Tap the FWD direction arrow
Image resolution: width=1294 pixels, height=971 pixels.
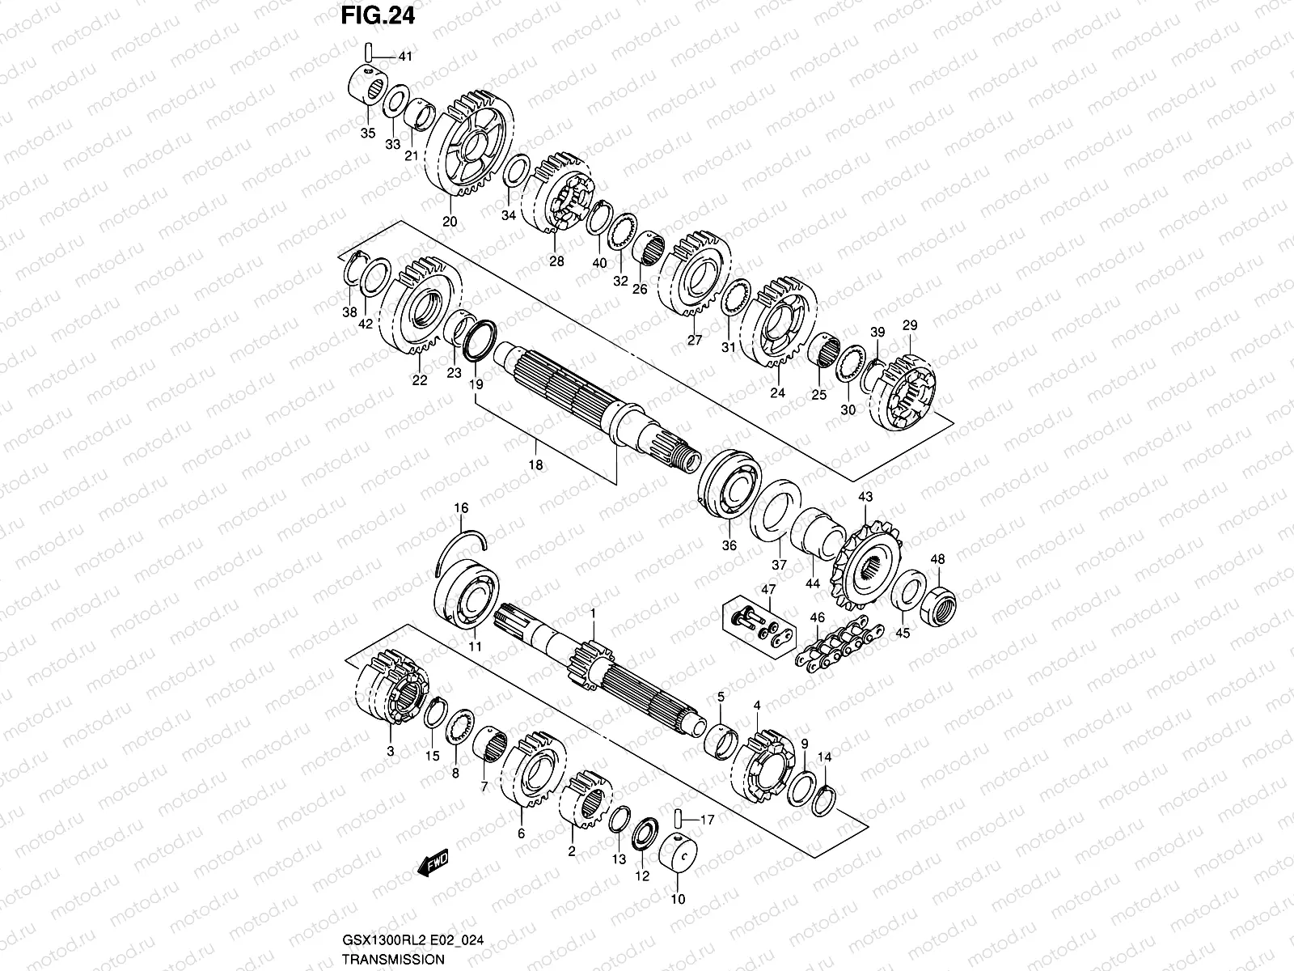click(433, 864)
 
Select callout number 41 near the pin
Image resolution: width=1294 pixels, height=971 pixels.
click(405, 57)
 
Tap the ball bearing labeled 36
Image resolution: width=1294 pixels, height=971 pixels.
click(729, 493)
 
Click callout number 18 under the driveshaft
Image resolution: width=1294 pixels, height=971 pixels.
click(535, 465)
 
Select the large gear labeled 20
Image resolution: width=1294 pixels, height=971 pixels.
click(468, 149)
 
